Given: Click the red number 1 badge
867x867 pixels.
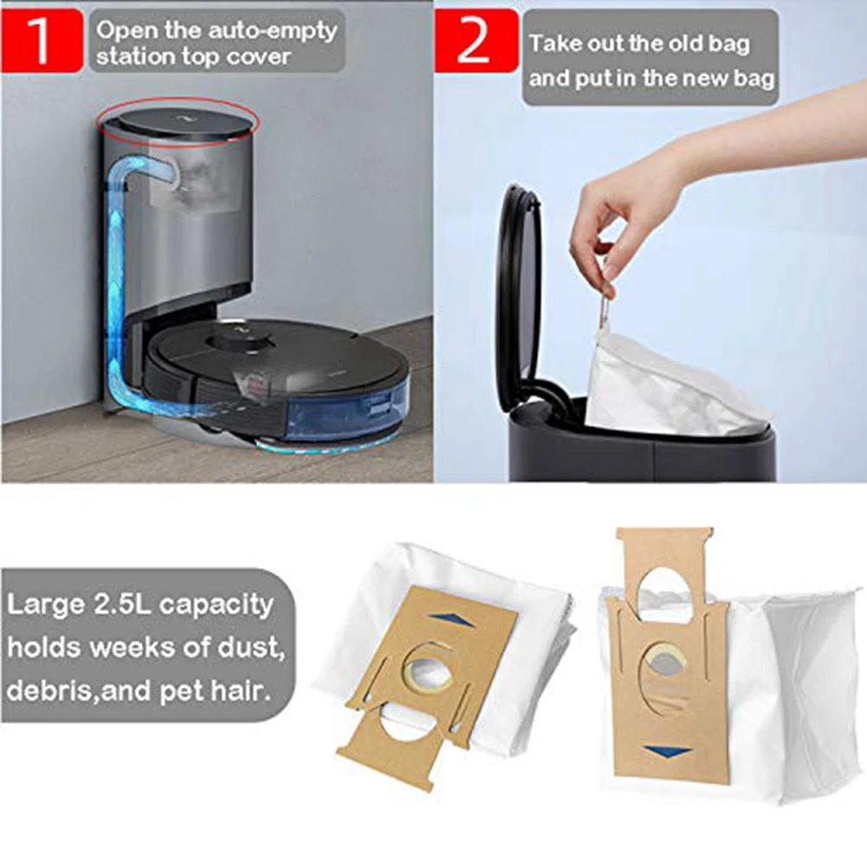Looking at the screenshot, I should (x=42, y=39).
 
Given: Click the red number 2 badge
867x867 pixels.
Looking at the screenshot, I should (x=473, y=39).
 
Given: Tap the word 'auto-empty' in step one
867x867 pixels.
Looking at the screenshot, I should (x=275, y=30).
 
